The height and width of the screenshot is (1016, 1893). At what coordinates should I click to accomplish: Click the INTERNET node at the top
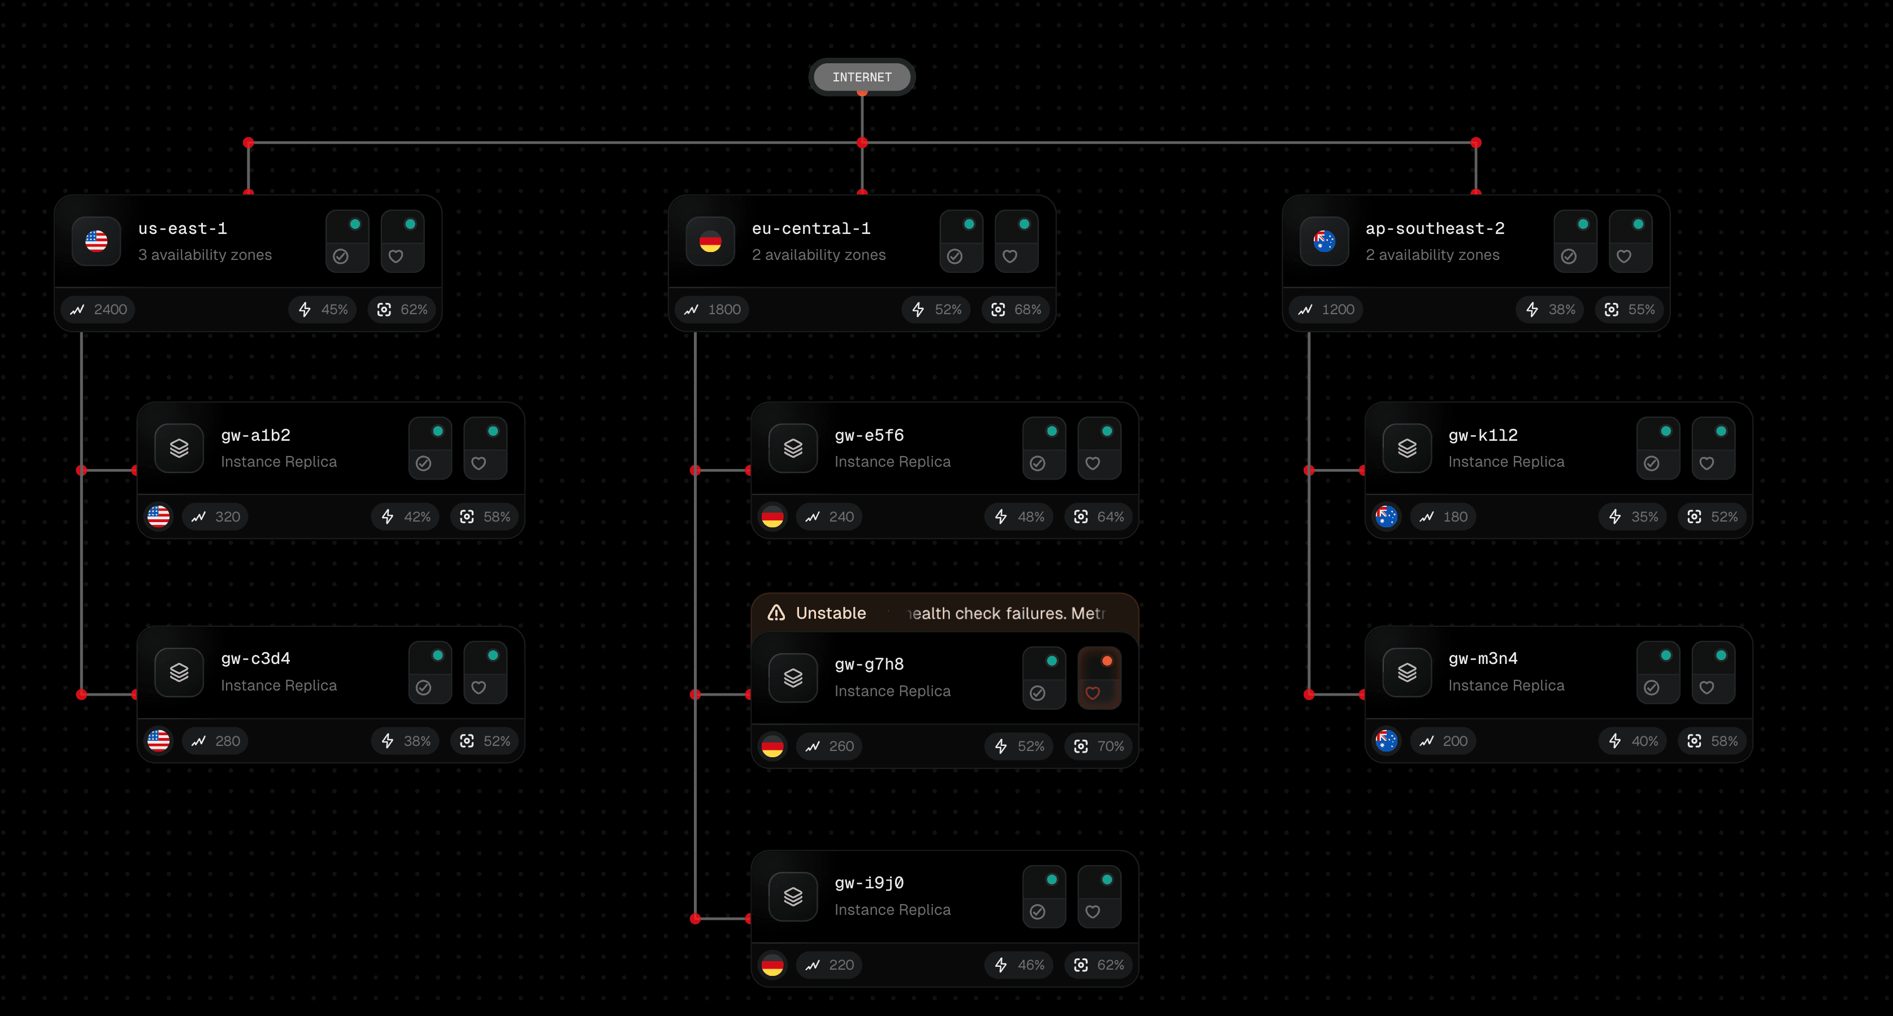coord(861,77)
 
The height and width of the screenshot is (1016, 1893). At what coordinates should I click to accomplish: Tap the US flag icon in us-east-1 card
coord(96,241)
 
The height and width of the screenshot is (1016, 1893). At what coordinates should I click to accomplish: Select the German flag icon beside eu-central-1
coord(710,241)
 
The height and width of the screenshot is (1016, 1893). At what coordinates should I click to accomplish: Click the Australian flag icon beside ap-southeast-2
coord(1323,241)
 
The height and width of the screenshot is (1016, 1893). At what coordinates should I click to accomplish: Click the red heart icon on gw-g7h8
coord(1093,693)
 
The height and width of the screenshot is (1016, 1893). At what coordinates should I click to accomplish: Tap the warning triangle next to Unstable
coord(776,613)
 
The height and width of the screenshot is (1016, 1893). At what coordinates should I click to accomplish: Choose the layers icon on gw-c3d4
coord(179,672)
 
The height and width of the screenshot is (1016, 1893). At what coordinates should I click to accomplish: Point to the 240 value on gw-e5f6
coord(841,517)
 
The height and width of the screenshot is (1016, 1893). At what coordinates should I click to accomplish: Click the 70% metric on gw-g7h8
coord(1110,746)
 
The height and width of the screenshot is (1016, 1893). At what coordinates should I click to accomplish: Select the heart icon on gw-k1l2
coord(1707,463)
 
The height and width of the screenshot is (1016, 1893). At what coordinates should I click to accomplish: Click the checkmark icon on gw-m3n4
coord(1651,688)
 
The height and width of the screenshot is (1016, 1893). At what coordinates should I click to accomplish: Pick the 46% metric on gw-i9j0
coord(1030,965)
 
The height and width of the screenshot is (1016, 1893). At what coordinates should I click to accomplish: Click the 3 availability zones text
coord(205,255)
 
